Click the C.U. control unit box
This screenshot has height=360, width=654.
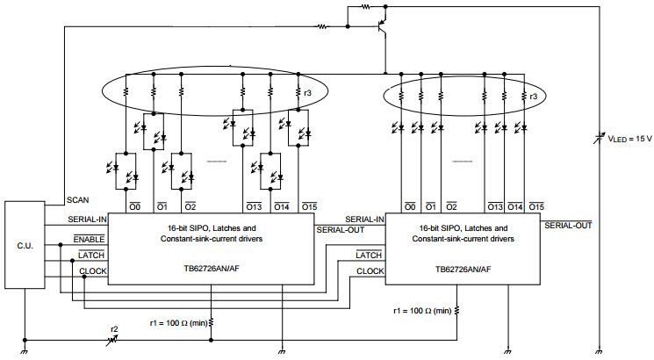(x=25, y=245)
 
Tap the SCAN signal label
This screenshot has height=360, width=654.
(x=78, y=200)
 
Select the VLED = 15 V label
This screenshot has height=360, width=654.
(x=629, y=139)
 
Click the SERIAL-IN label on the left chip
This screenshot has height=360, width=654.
(x=87, y=220)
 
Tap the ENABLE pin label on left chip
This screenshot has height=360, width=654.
(x=89, y=240)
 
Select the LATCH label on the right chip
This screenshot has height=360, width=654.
(x=369, y=255)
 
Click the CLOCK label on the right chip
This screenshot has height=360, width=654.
(x=370, y=271)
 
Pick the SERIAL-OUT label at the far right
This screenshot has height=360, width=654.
(x=568, y=226)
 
